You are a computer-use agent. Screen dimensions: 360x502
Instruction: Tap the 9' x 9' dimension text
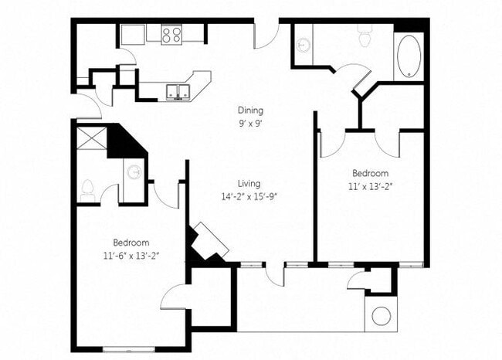pyautogui.click(x=251, y=122)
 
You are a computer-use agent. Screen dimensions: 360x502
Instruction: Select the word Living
pyautogui.click(x=249, y=183)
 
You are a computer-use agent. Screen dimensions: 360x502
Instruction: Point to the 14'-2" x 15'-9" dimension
pyautogui.click(x=249, y=195)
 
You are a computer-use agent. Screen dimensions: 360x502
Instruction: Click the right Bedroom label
pyautogui.click(x=371, y=173)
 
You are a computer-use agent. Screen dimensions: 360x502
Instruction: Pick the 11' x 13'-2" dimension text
pyautogui.click(x=371, y=185)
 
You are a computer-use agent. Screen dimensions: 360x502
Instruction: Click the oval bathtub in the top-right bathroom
pyautogui.click(x=409, y=55)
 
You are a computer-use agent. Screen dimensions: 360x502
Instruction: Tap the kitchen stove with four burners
pyautogui.click(x=171, y=34)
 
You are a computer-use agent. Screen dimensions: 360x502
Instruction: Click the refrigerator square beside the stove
pyautogui.click(x=133, y=33)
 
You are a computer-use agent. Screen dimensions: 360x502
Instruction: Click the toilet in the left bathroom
pyautogui.click(x=86, y=188)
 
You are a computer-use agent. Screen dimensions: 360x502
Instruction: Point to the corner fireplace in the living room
pyautogui.click(x=209, y=243)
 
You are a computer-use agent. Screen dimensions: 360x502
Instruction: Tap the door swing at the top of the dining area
pyautogui.click(x=266, y=35)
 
